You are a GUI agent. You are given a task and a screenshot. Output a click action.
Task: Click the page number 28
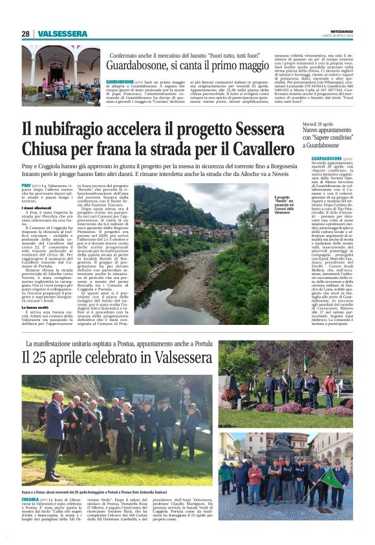coord(26,34)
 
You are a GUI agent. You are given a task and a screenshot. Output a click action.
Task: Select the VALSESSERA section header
coord(62,34)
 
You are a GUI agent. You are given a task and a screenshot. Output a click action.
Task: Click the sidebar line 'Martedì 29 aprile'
coord(336,123)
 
